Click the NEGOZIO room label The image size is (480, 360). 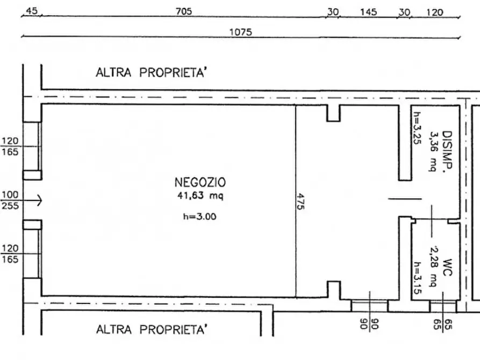tap(200, 182)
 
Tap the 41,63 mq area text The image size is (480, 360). tap(200, 196)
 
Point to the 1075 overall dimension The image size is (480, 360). tap(240, 32)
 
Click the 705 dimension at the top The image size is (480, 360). tap(184, 12)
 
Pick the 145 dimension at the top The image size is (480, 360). tap(368, 12)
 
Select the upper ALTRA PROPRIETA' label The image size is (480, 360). tap(151, 73)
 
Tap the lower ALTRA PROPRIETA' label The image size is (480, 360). tap(151, 329)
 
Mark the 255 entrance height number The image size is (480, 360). tap(10, 205)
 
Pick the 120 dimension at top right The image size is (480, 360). tap(434, 12)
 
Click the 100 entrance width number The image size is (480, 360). tap(10, 195)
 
